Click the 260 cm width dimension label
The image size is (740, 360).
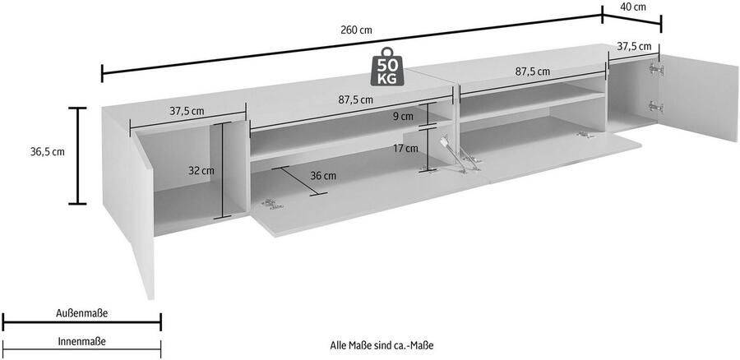(x=355, y=30)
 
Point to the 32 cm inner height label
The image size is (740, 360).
(x=202, y=171)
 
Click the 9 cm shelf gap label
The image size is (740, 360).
(x=403, y=117)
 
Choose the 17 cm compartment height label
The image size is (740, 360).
(x=406, y=149)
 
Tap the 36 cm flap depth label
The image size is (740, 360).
(x=324, y=176)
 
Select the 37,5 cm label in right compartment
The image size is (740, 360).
(x=635, y=47)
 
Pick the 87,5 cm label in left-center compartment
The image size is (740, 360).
(x=356, y=99)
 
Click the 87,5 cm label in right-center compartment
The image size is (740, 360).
(x=532, y=72)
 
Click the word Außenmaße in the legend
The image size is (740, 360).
(x=81, y=313)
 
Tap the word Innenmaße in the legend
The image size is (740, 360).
(x=81, y=340)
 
